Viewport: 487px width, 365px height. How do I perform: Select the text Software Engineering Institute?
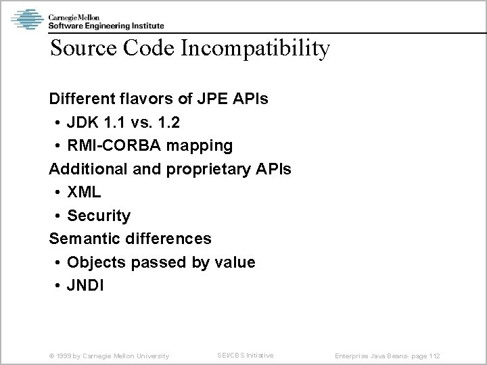pos(105,25)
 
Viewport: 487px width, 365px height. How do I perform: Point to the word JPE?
pos(212,99)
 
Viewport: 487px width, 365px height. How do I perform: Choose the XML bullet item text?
pos(84,192)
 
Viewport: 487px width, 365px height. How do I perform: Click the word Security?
pos(99,216)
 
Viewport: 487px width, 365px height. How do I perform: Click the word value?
pos(234,262)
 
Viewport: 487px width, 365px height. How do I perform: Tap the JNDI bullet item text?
pos(86,285)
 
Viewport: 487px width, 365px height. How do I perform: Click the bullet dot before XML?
pos(57,193)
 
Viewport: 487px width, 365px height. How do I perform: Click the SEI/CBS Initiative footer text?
pos(245,355)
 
